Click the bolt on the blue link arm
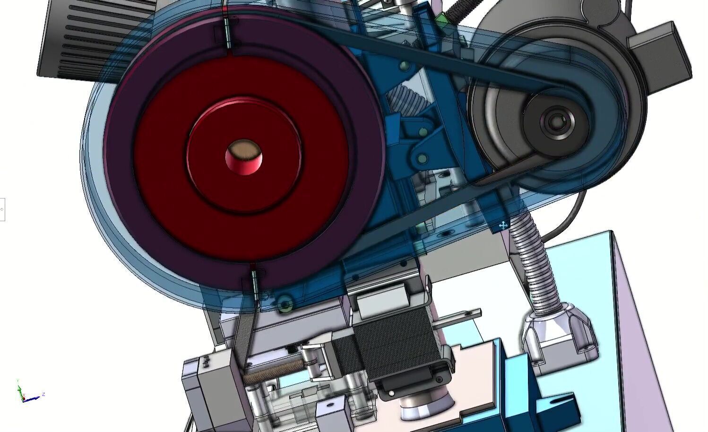423,158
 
